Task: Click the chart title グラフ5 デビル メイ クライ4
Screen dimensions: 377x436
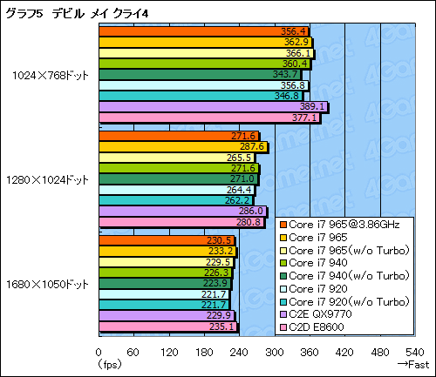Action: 65,10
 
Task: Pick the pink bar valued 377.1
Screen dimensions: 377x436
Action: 209,118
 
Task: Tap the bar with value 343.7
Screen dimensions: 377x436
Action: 200,74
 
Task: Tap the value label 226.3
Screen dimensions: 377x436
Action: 221,273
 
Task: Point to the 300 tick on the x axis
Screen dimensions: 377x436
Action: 275,352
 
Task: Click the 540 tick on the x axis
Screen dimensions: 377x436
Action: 416,352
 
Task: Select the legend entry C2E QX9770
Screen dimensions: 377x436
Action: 327,313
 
